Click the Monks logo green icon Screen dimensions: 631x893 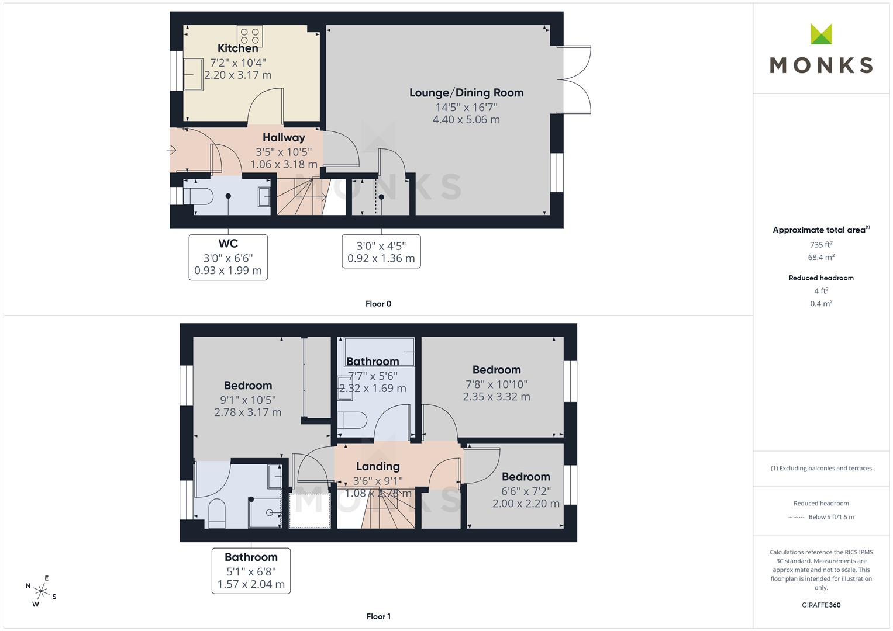click(821, 34)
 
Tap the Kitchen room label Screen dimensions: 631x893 click(237, 48)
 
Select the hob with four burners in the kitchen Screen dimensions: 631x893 click(250, 36)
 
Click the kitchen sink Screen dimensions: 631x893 click(193, 74)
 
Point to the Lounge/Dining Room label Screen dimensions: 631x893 click(466, 93)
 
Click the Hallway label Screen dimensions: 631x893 click(284, 138)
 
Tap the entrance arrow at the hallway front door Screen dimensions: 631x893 click(172, 150)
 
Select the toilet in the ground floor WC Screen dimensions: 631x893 click(198, 196)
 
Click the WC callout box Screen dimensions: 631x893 click(228, 257)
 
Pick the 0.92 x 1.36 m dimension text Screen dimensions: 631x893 click(381, 258)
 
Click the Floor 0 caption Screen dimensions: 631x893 click(378, 304)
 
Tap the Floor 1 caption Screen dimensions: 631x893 click(378, 616)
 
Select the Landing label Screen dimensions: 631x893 click(378, 466)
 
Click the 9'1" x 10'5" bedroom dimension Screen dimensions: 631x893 click(248, 400)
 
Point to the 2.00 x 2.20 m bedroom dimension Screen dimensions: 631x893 click(526, 504)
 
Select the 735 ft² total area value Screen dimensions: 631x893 click(821, 245)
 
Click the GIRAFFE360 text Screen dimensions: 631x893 click(821, 605)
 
